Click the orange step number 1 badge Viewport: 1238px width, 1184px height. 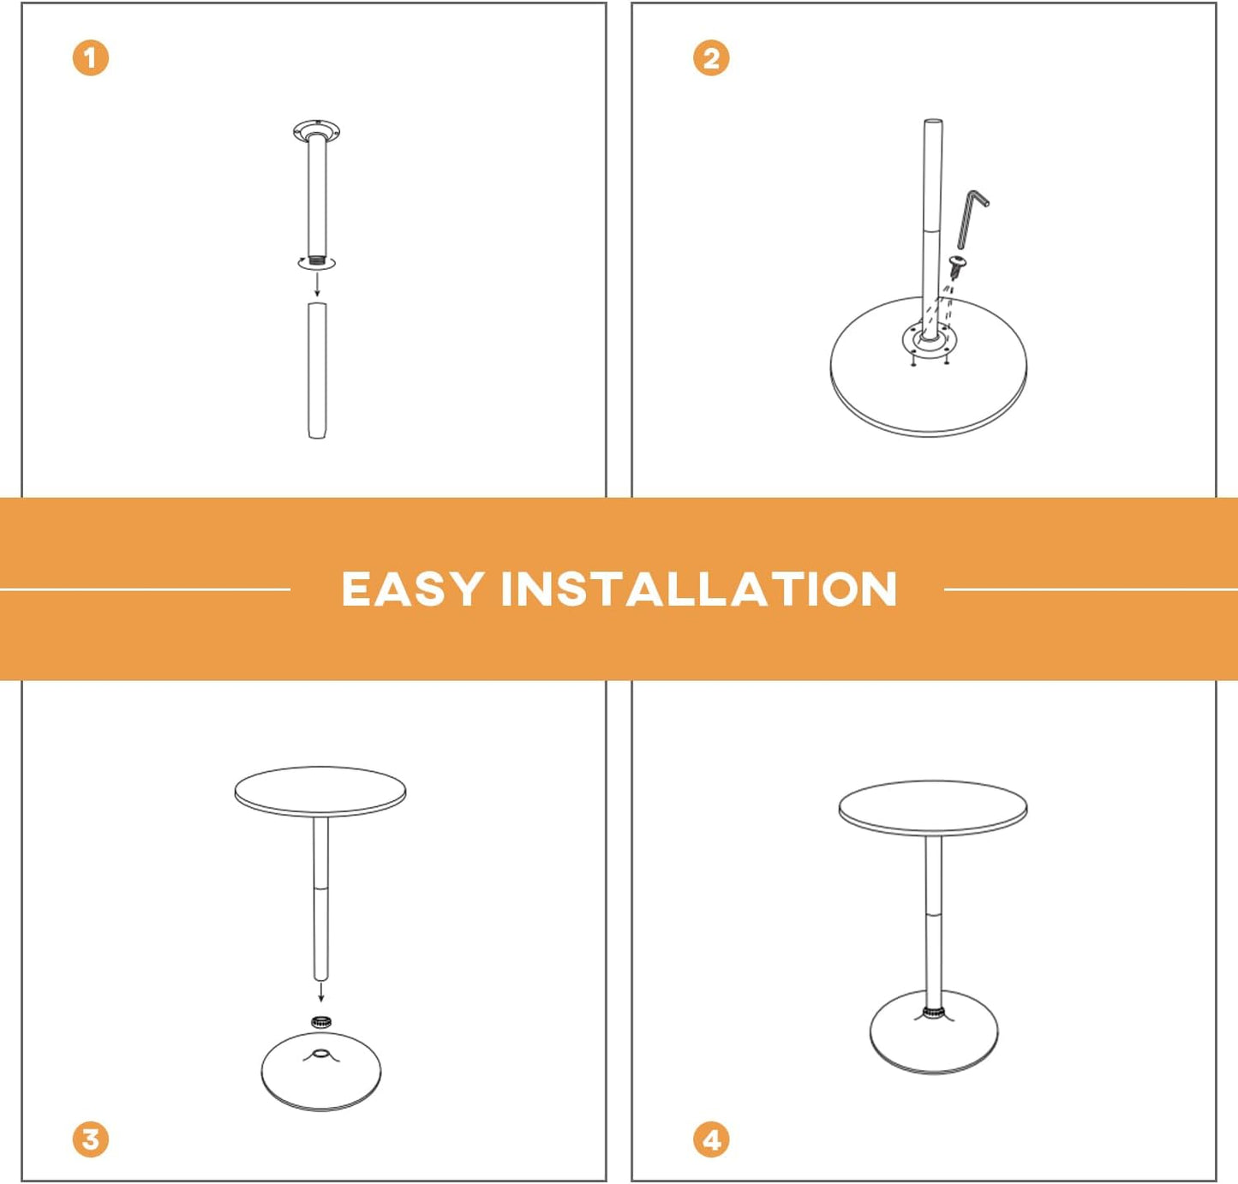90,58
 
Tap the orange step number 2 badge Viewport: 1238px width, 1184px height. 710,58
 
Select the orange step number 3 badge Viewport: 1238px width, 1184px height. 90,1139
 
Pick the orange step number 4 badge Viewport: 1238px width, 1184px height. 710,1139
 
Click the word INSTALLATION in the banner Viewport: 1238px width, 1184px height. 698,589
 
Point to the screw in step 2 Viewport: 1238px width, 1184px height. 958,265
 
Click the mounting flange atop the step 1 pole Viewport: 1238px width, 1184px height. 317,131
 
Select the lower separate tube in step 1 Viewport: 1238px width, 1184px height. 317,370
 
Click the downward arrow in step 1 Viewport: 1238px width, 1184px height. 317,284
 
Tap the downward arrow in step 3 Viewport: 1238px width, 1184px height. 321,991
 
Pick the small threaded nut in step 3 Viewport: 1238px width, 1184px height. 321,1021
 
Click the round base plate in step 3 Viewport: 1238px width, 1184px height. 321,1075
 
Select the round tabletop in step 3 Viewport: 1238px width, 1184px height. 320,790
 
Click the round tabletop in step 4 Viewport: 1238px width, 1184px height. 932,805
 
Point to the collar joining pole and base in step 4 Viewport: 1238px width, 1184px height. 933,1013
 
